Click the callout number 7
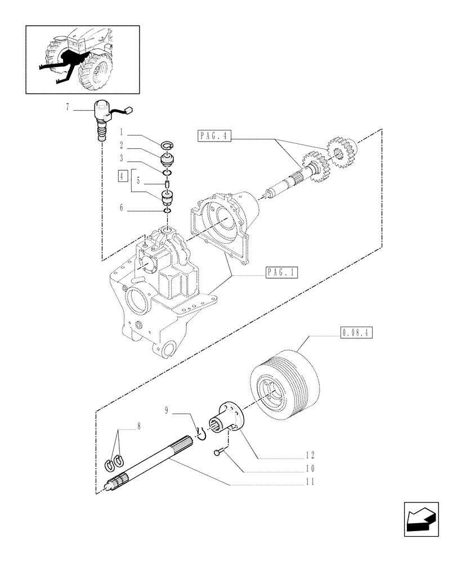click(x=68, y=108)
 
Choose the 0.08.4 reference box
click(x=357, y=333)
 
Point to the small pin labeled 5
click(x=168, y=184)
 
